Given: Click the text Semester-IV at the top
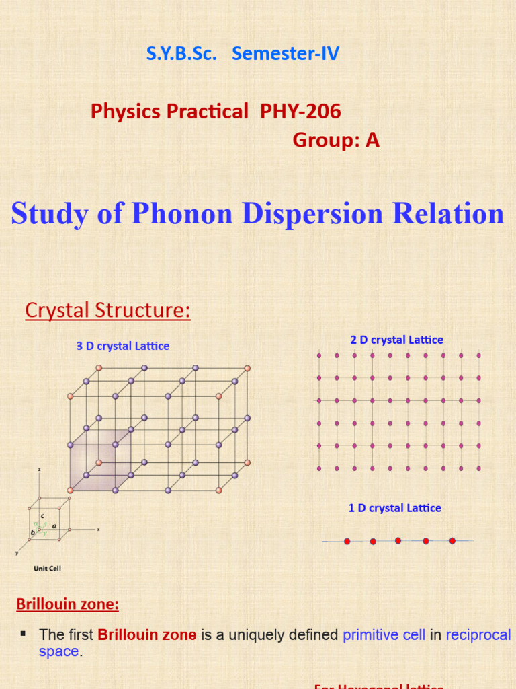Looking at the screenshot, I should (286, 55).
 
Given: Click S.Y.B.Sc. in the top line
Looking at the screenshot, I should (181, 55).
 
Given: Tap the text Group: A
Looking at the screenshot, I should (336, 140).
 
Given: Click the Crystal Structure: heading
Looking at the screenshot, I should (107, 310).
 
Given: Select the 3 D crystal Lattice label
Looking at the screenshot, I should (122, 346).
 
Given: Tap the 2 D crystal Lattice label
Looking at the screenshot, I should (396, 340).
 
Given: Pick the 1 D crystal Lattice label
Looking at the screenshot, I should (394, 508).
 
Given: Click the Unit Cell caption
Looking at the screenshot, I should (47, 569).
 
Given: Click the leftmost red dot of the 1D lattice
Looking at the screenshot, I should (347, 541).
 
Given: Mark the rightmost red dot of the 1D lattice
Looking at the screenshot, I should (452, 540).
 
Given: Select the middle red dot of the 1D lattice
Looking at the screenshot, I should (398, 540).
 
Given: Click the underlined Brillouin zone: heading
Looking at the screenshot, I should (67, 604).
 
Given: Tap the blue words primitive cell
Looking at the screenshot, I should (384, 634).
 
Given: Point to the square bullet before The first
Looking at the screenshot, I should (23, 634).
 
